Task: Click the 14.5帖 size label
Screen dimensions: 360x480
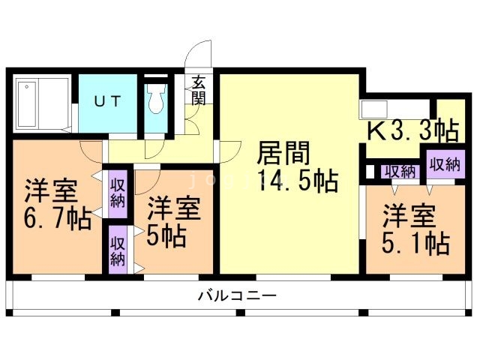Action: coord(296,181)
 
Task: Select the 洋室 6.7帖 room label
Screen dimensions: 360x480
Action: coord(56,204)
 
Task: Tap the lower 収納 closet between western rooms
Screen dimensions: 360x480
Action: coord(118,250)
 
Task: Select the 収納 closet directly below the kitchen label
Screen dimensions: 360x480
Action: coord(400,171)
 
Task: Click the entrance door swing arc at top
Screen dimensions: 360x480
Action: coord(199,56)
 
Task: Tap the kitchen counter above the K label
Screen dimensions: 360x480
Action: coord(397,108)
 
